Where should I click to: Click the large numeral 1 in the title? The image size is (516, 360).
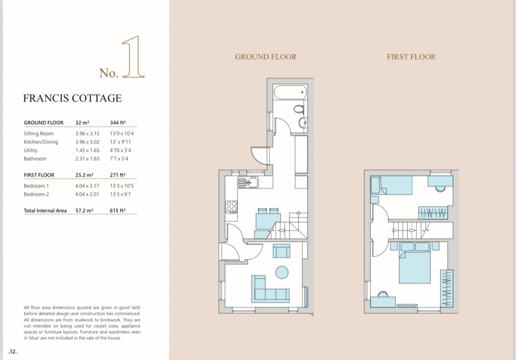tap(134, 60)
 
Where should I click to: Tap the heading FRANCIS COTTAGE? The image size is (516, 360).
tap(72, 98)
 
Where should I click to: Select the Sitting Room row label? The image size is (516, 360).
tap(38, 133)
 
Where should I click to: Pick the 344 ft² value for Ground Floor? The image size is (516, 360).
tap(118, 122)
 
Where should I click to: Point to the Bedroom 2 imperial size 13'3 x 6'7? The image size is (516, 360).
tap(122, 194)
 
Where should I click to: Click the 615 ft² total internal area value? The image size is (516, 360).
tap(118, 210)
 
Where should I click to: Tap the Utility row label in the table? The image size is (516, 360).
tap(31, 150)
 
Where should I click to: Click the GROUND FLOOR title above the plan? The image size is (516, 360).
tap(266, 57)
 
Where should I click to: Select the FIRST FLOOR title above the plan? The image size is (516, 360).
tap(411, 57)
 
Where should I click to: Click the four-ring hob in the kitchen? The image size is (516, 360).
tap(231, 206)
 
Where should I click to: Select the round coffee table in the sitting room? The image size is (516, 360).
tap(281, 272)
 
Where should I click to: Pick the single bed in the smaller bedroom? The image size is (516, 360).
tap(391, 185)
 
